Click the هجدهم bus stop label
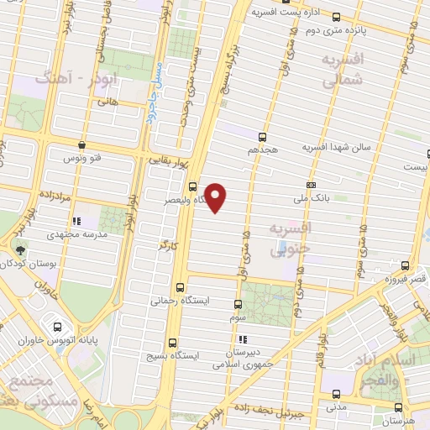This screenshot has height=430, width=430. tap(263, 149)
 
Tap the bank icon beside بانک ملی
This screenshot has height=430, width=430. tap(312, 185)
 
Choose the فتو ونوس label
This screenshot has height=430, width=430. tap(83, 156)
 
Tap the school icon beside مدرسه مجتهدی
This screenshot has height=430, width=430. tap(76, 222)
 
